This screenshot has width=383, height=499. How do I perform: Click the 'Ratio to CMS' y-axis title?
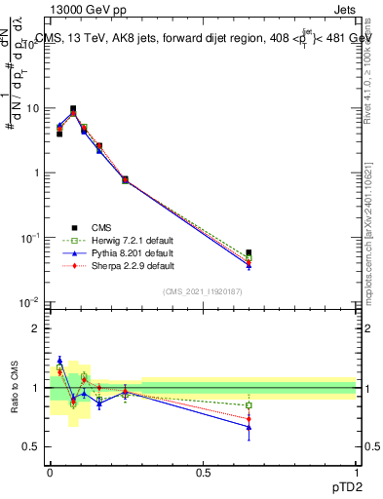pos(14,388)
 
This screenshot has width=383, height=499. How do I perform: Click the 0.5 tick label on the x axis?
pos(203,472)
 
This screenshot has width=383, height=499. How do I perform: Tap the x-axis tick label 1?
pos(356,472)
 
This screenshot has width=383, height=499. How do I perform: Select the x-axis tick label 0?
pos(50,472)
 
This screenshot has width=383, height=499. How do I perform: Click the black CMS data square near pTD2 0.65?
pos(249,252)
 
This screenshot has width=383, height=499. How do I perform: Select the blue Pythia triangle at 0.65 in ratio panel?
pos(249,427)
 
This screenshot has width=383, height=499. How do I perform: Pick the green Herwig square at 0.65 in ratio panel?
pos(249,405)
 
